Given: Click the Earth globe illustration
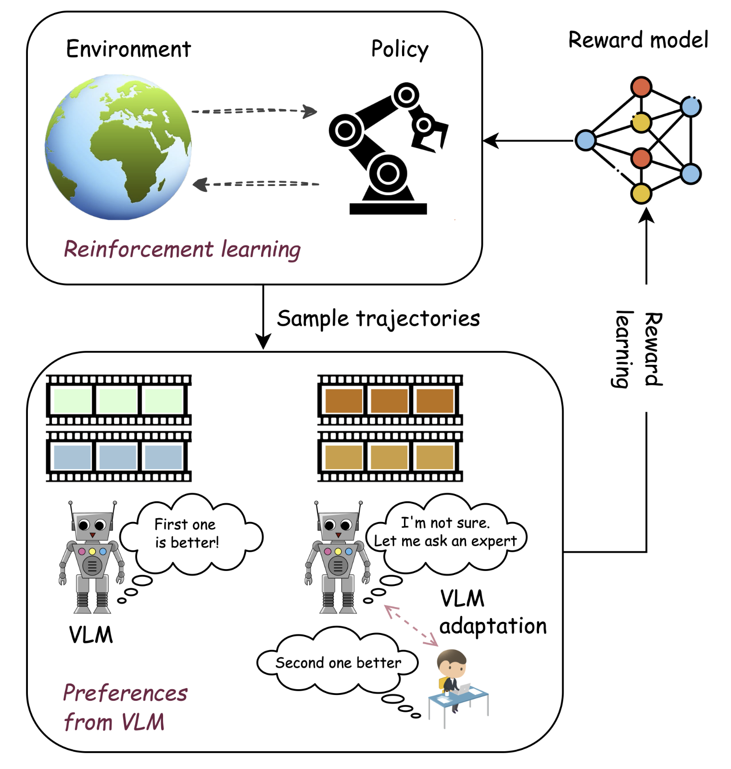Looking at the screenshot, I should [x=118, y=147].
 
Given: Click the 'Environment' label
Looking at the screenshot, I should [x=128, y=49].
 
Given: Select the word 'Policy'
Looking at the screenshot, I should [x=399, y=49].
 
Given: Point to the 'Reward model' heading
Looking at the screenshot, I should [x=638, y=40].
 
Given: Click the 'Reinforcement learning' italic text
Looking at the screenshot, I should [x=182, y=249].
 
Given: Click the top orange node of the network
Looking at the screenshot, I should [x=641, y=87].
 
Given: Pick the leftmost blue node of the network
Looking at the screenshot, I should [x=585, y=140].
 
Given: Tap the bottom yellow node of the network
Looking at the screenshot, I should [x=641, y=193].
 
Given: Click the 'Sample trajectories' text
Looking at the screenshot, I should [x=378, y=318].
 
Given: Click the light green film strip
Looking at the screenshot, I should [x=118, y=400].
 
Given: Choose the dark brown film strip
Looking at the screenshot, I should [x=390, y=400].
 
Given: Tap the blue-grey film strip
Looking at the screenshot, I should [x=118, y=457].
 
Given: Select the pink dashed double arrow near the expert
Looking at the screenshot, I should [x=411, y=625].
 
